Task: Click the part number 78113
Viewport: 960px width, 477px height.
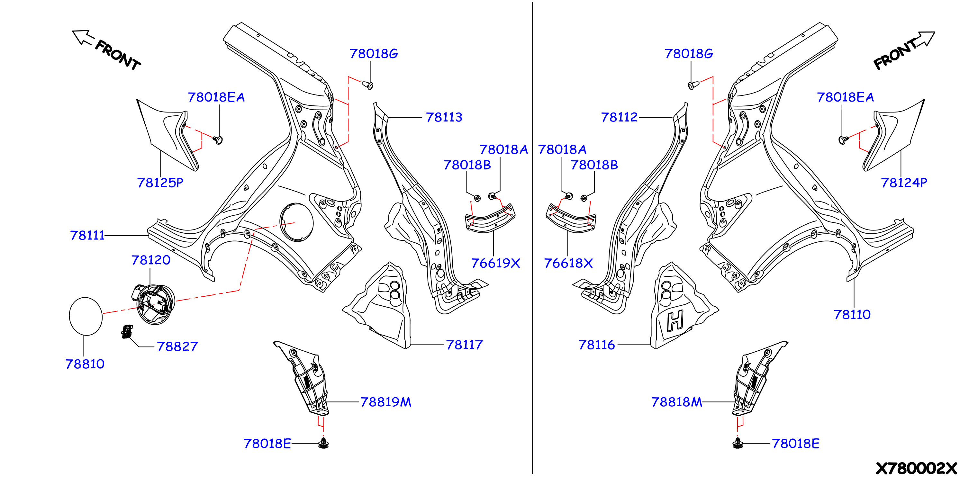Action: (444, 117)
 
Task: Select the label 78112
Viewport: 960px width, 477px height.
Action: (620, 117)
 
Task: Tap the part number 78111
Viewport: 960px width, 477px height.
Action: (87, 236)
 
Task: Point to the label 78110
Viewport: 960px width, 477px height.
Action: (852, 315)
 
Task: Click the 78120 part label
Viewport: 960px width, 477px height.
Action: (150, 260)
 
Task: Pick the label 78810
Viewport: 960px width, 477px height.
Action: (85, 364)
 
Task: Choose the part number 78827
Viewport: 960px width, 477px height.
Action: (177, 346)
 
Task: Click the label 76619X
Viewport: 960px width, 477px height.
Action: (495, 264)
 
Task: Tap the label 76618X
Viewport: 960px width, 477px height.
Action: (568, 264)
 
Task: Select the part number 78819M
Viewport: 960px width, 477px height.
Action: (386, 402)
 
